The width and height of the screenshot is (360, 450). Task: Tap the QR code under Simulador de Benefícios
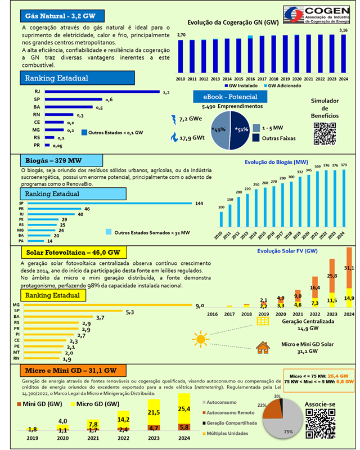point(325,133)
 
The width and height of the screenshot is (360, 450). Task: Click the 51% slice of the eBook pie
point(242,130)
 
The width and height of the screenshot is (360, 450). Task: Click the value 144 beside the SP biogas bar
point(199,203)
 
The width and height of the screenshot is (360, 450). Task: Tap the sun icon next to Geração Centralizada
point(200,339)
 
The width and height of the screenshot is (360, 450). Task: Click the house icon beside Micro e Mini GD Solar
point(263,347)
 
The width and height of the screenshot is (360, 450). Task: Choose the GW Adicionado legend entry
point(278,85)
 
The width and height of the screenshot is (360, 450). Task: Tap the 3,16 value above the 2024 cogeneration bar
point(344,30)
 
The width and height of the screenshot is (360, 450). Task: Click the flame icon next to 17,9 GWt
point(173,137)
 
